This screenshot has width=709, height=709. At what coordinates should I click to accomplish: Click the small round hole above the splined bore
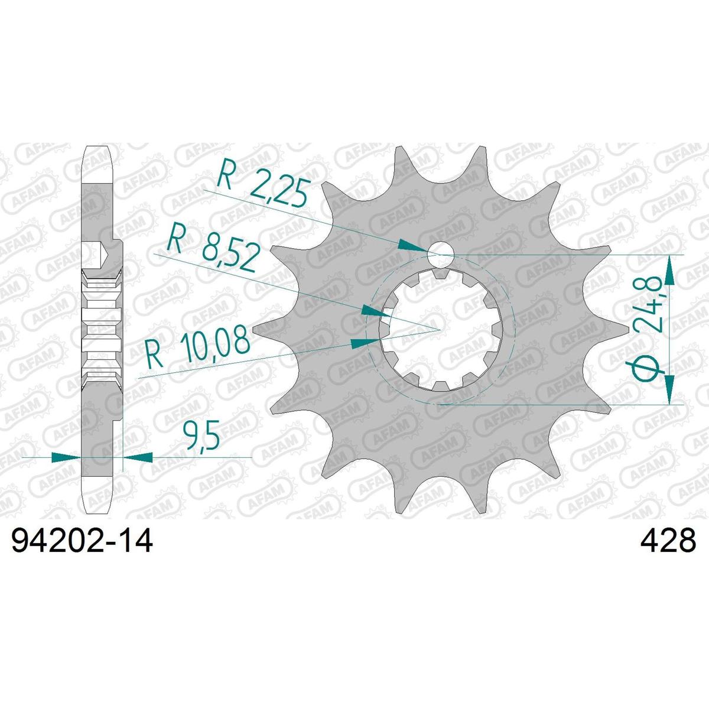pyautogui.click(x=440, y=254)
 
